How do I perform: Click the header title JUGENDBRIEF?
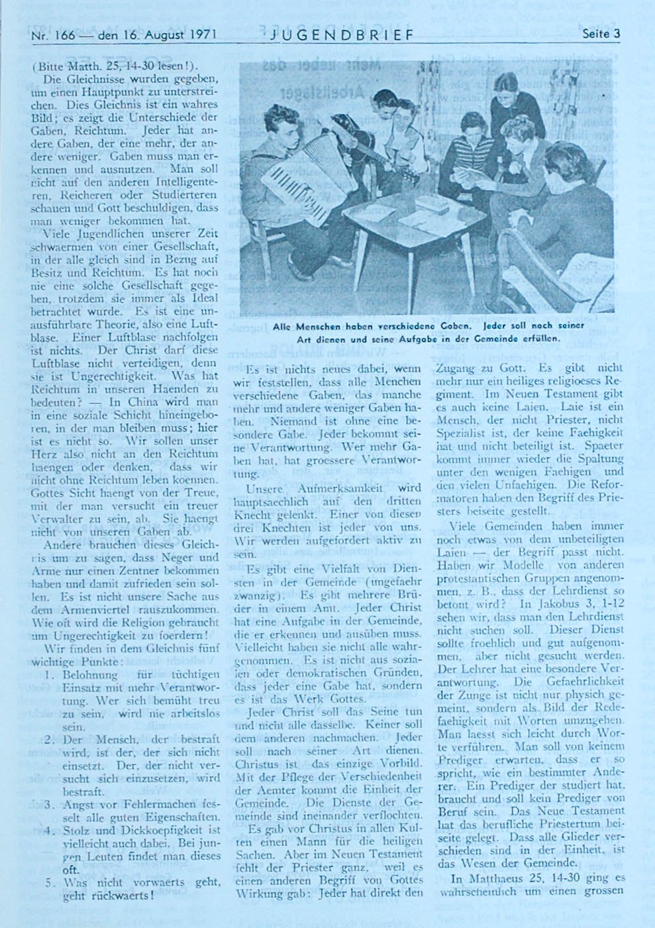pyautogui.click(x=342, y=34)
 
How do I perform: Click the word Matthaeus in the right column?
pyautogui.click(x=496, y=880)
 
